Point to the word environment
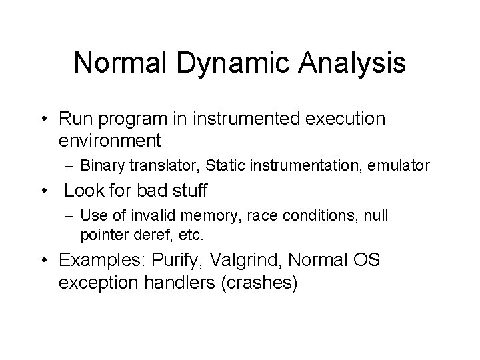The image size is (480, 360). tap(110, 141)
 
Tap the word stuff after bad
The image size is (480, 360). tap(188, 191)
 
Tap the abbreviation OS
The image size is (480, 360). tap(366, 260)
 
